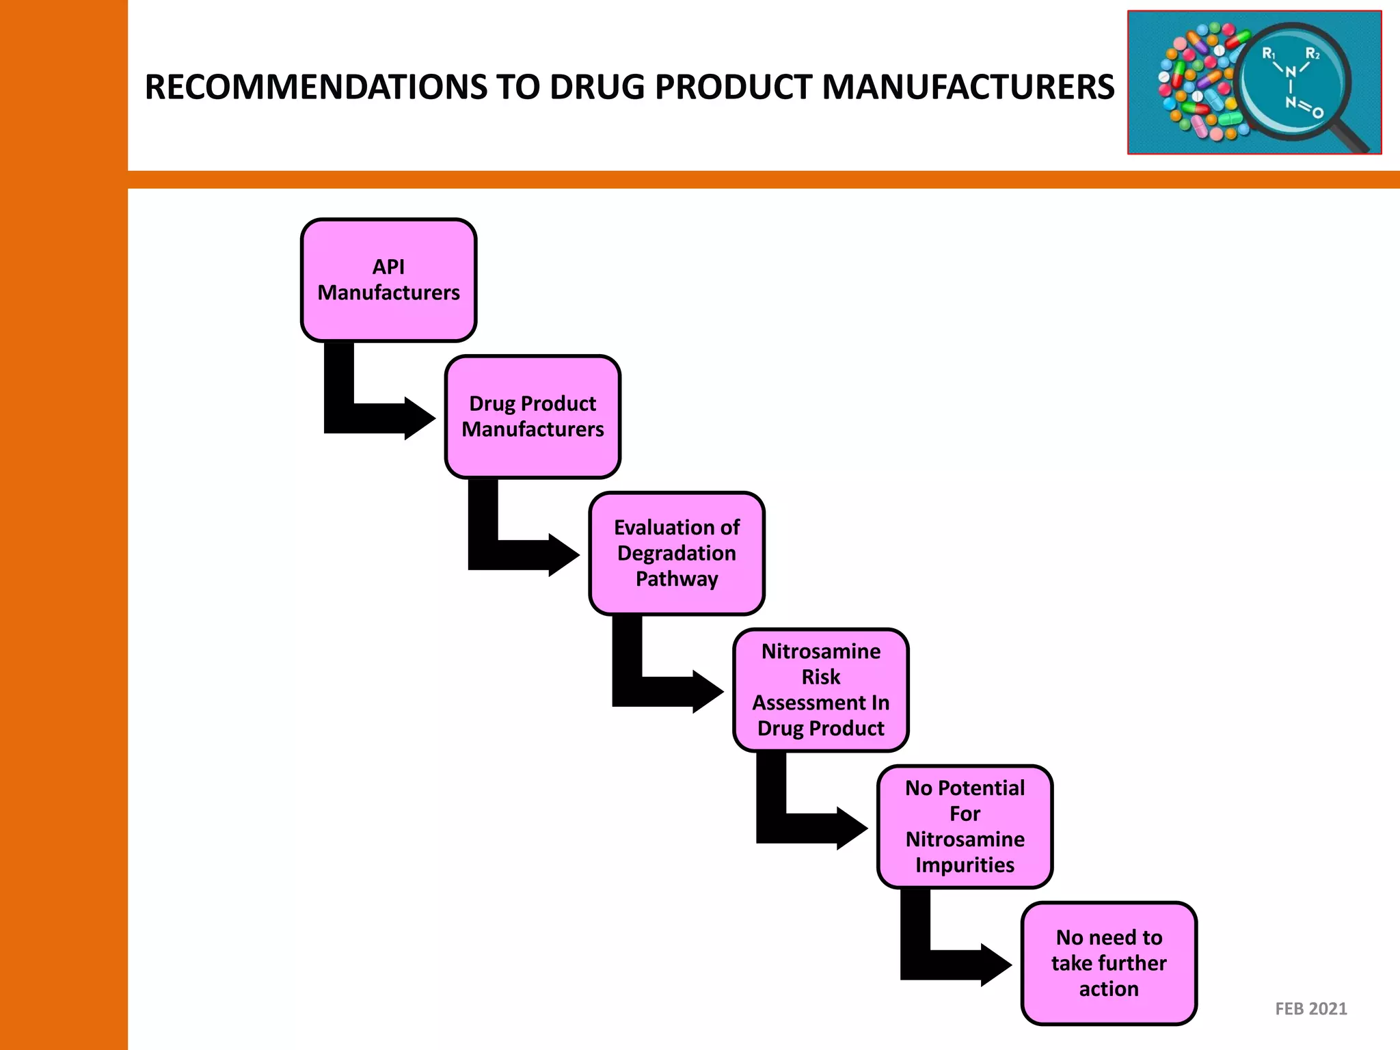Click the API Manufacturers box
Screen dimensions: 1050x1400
pyautogui.click(x=388, y=280)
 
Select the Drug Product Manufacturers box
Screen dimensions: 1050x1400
pyautogui.click(x=533, y=416)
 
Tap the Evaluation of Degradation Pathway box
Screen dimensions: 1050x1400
pyautogui.click(x=677, y=553)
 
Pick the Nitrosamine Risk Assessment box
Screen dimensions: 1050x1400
pyautogui.click(x=821, y=690)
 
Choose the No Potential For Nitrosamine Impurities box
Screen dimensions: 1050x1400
pyautogui.click(x=965, y=826)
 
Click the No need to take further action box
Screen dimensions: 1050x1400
pyautogui.click(x=1109, y=963)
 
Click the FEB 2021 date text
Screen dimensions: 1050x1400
pyautogui.click(x=1310, y=1008)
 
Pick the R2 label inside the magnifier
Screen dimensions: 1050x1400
pyautogui.click(x=1312, y=54)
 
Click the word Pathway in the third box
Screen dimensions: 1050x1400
pyautogui.click(x=677, y=579)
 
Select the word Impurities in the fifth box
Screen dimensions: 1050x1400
pyautogui.click(x=965, y=865)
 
